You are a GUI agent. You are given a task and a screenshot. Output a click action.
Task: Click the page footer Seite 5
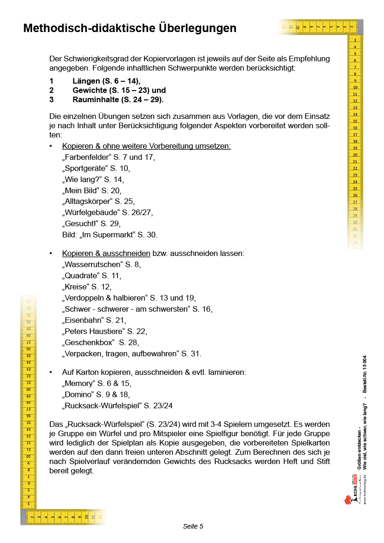[193, 526]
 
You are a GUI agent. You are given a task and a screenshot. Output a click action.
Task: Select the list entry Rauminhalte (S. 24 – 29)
[118, 99]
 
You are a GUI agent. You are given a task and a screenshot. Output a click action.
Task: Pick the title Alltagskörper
[87, 202]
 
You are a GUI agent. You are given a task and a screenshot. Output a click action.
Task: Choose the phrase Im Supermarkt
[108, 235]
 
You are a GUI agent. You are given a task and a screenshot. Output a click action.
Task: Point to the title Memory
[78, 383]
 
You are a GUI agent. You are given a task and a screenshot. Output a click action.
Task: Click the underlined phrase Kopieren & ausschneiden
[106, 253]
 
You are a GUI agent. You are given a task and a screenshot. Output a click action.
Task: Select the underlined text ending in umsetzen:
[146, 146]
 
